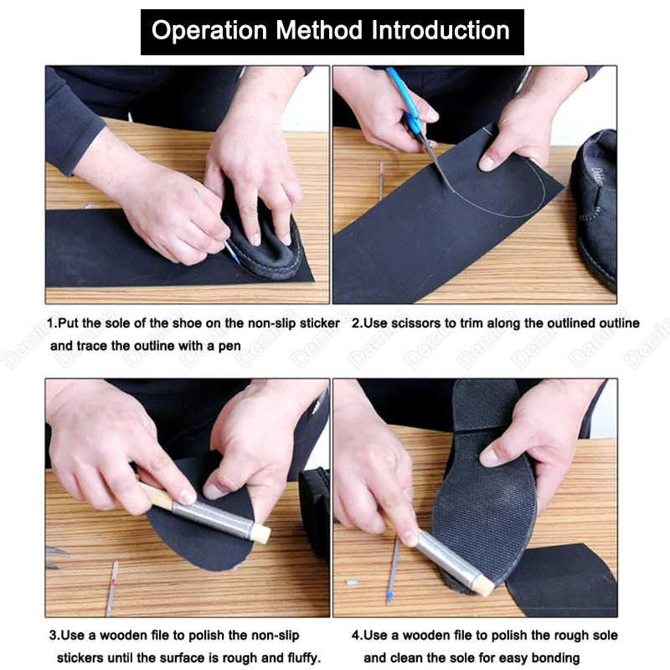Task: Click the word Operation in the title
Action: pyautogui.click(x=209, y=31)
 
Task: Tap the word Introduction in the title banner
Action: pyautogui.click(x=441, y=30)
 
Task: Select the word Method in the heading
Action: pyautogui.click(x=319, y=30)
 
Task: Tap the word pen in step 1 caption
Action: pyautogui.click(x=229, y=346)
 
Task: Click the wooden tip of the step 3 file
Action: pyautogui.click(x=260, y=534)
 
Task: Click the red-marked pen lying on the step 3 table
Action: pyautogui.click(x=112, y=588)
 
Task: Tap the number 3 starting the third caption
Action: pyautogui.click(x=53, y=635)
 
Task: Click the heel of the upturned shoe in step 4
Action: pyautogui.click(x=486, y=403)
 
